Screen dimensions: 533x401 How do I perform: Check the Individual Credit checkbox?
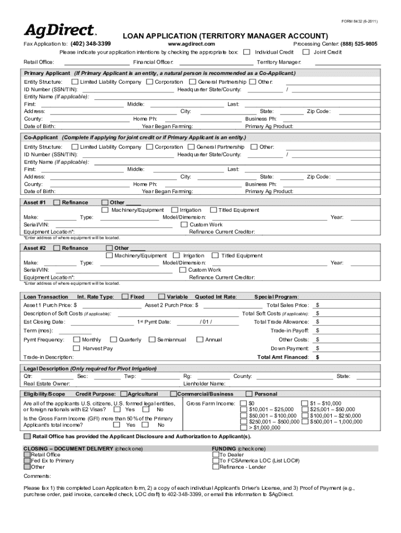click(247, 52)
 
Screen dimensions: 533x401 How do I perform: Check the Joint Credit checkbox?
click(306, 52)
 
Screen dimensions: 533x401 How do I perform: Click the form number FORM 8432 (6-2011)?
click(362, 21)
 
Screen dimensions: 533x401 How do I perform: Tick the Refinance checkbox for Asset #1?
click(57, 202)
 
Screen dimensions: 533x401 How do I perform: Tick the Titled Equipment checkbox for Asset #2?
click(215, 256)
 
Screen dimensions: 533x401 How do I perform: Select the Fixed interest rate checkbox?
click(125, 297)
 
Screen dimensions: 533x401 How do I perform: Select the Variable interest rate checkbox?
click(161, 297)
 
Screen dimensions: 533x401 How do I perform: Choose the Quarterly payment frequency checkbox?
click(114, 340)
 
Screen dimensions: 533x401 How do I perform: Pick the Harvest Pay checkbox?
click(77, 348)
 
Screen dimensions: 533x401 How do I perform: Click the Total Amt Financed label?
click(283, 357)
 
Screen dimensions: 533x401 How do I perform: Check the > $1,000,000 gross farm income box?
click(243, 428)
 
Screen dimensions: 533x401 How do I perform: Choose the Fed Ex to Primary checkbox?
click(27, 461)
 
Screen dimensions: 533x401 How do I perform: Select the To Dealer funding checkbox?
click(216, 454)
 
